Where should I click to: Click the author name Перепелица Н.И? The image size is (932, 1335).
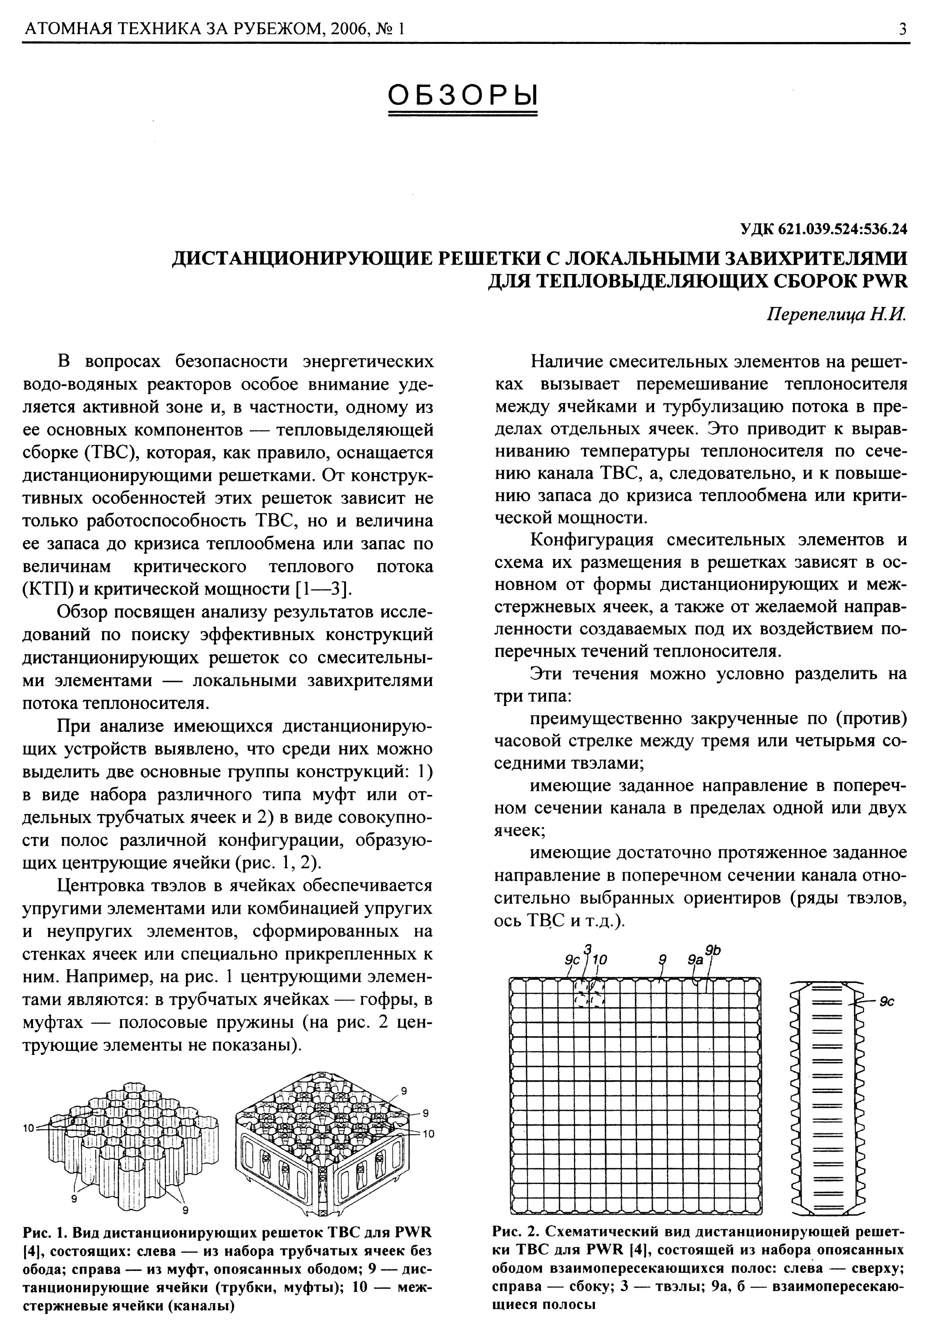point(837,315)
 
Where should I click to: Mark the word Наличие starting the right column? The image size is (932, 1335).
point(569,362)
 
